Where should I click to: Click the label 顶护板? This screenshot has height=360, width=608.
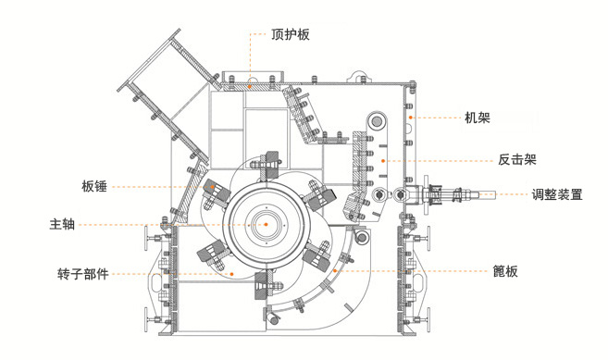[290, 35]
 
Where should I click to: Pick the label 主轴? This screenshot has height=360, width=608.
[62, 223]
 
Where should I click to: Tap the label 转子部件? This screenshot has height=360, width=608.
[83, 274]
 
